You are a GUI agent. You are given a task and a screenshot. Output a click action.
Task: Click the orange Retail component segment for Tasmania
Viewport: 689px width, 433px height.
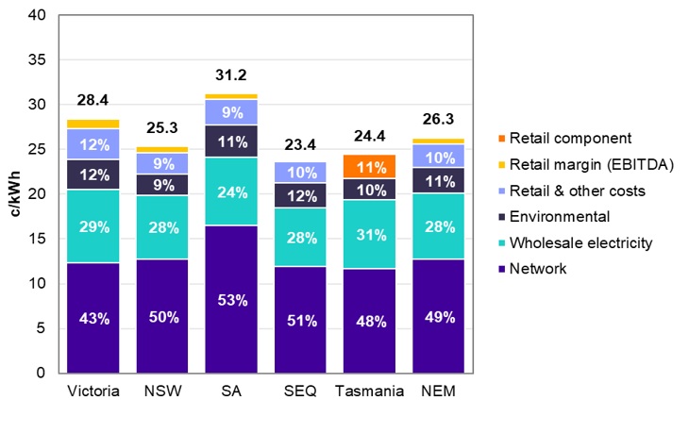click(369, 166)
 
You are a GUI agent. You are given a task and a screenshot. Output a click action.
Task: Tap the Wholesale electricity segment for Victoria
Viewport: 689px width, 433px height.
click(92, 226)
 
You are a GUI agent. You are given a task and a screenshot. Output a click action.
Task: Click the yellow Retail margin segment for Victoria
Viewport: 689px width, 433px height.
click(92, 124)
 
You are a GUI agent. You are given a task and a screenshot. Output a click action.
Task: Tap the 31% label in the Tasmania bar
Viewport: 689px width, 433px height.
click(369, 234)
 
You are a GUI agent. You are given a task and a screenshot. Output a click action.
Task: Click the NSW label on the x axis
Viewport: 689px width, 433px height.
click(161, 391)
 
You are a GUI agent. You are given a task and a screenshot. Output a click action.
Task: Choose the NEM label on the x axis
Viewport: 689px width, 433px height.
click(438, 391)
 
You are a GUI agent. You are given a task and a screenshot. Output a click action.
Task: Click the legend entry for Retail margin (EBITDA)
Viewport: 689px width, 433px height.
click(572, 165)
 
